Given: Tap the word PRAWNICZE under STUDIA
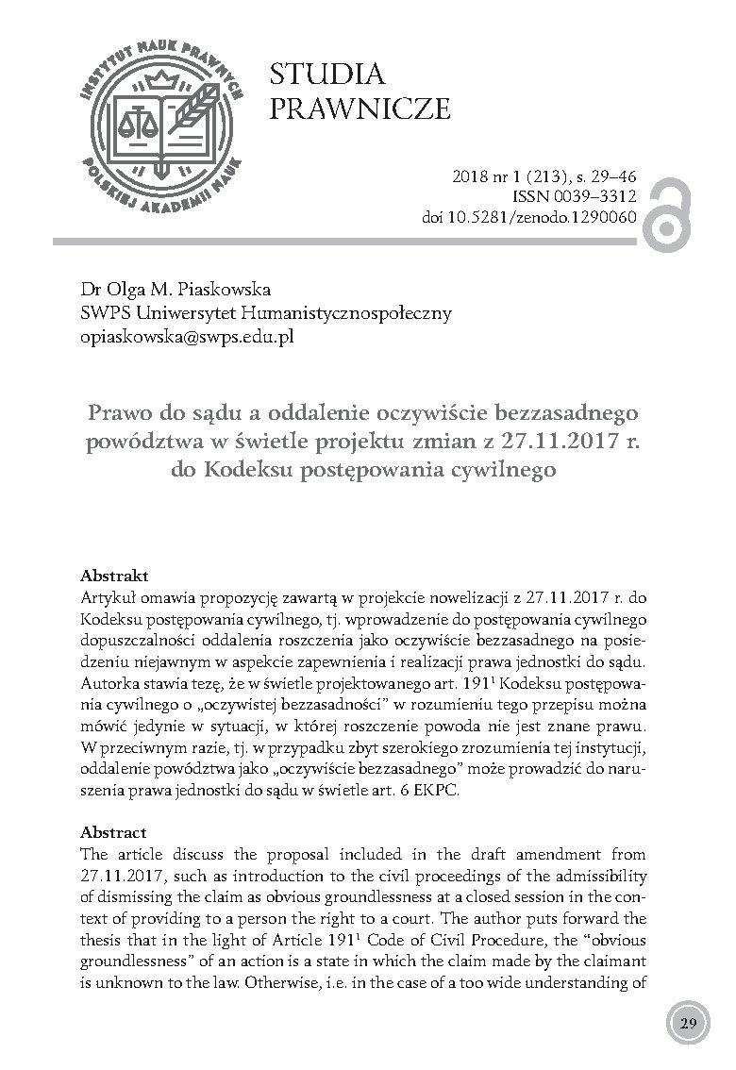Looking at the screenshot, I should tap(360, 109).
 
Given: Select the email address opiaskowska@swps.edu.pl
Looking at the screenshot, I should tap(187, 336).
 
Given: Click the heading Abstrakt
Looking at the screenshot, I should tap(114, 575).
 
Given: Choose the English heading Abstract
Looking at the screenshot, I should tap(114, 832).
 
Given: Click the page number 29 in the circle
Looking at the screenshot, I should tap(688, 1024).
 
